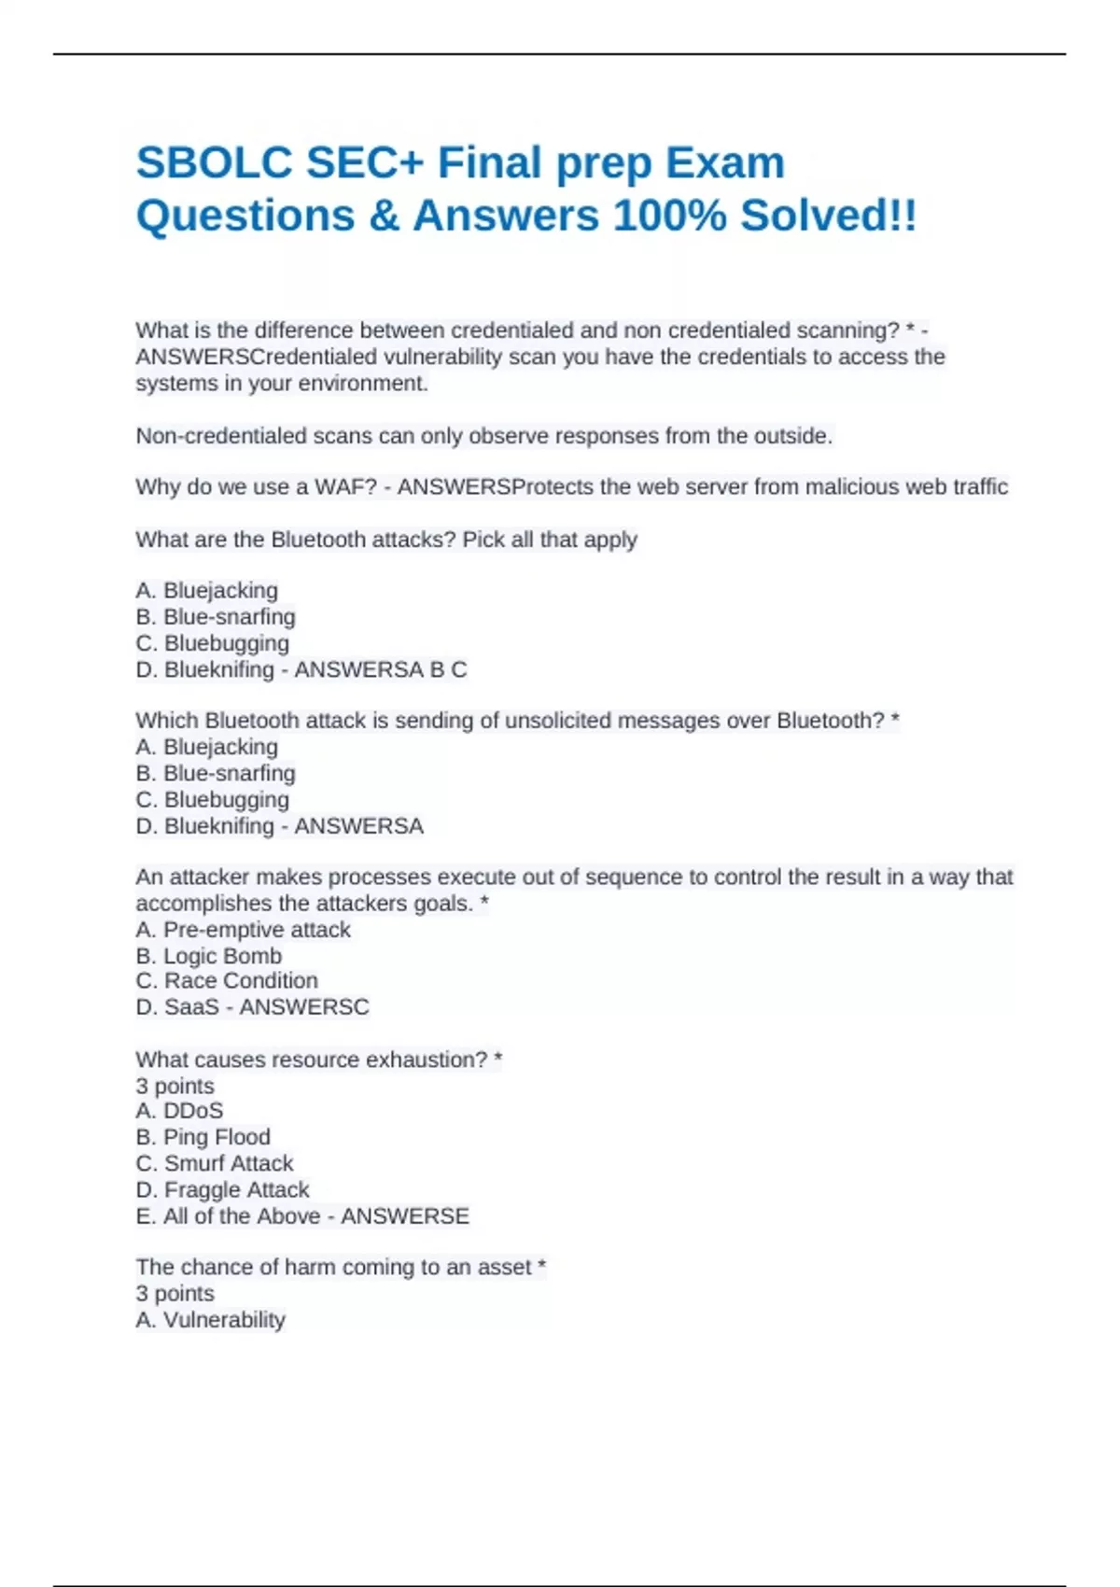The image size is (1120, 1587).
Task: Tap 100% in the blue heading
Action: pos(669,216)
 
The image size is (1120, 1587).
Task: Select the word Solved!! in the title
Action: pos(829,216)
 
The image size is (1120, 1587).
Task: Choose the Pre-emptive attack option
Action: pos(243,930)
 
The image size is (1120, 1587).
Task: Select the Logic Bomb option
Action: pos(208,956)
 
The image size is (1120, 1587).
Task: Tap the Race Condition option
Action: pos(227,981)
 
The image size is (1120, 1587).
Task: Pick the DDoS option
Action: pos(179,1111)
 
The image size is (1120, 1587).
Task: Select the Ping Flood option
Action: pos(203,1137)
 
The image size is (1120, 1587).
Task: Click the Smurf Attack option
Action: pos(214,1163)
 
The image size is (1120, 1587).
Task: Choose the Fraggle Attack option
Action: pos(222,1190)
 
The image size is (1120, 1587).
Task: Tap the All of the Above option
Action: pos(228,1216)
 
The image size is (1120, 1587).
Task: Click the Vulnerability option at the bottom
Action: pos(210,1320)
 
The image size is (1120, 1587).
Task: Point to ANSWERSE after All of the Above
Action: pos(405,1216)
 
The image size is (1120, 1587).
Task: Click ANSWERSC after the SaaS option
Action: pos(304,1007)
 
